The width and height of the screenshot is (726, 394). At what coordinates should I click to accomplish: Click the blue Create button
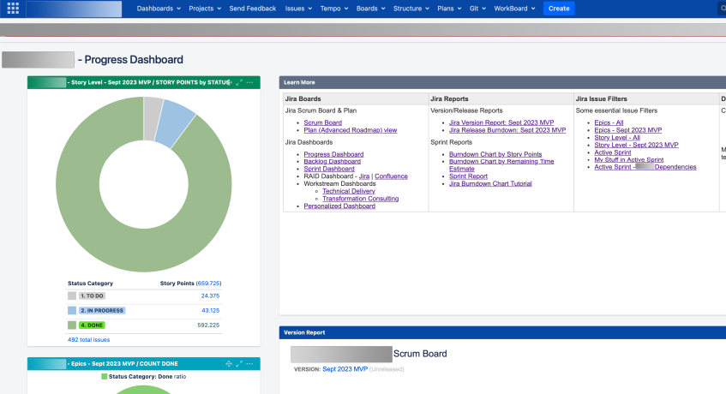(x=559, y=9)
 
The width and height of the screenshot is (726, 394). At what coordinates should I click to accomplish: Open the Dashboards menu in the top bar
(x=159, y=9)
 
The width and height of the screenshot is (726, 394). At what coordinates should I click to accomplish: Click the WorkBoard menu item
(x=514, y=9)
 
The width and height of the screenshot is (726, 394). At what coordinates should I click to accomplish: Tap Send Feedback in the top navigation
(x=253, y=9)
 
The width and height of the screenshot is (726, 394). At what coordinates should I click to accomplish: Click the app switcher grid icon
(x=13, y=9)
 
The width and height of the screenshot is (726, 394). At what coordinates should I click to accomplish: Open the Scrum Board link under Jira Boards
(x=322, y=122)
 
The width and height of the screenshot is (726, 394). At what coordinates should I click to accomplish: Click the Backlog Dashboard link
(x=332, y=161)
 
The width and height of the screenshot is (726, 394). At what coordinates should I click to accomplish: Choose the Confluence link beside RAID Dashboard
(x=392, y=176)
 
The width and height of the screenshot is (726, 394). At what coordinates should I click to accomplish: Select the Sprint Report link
(x=468, y=176)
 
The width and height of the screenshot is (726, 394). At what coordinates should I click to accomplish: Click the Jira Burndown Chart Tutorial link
(x=490, y=183)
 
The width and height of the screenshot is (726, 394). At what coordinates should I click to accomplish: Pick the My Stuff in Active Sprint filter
(x=628, y=160)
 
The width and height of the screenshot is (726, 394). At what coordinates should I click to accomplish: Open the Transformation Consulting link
(x=360, y=199)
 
